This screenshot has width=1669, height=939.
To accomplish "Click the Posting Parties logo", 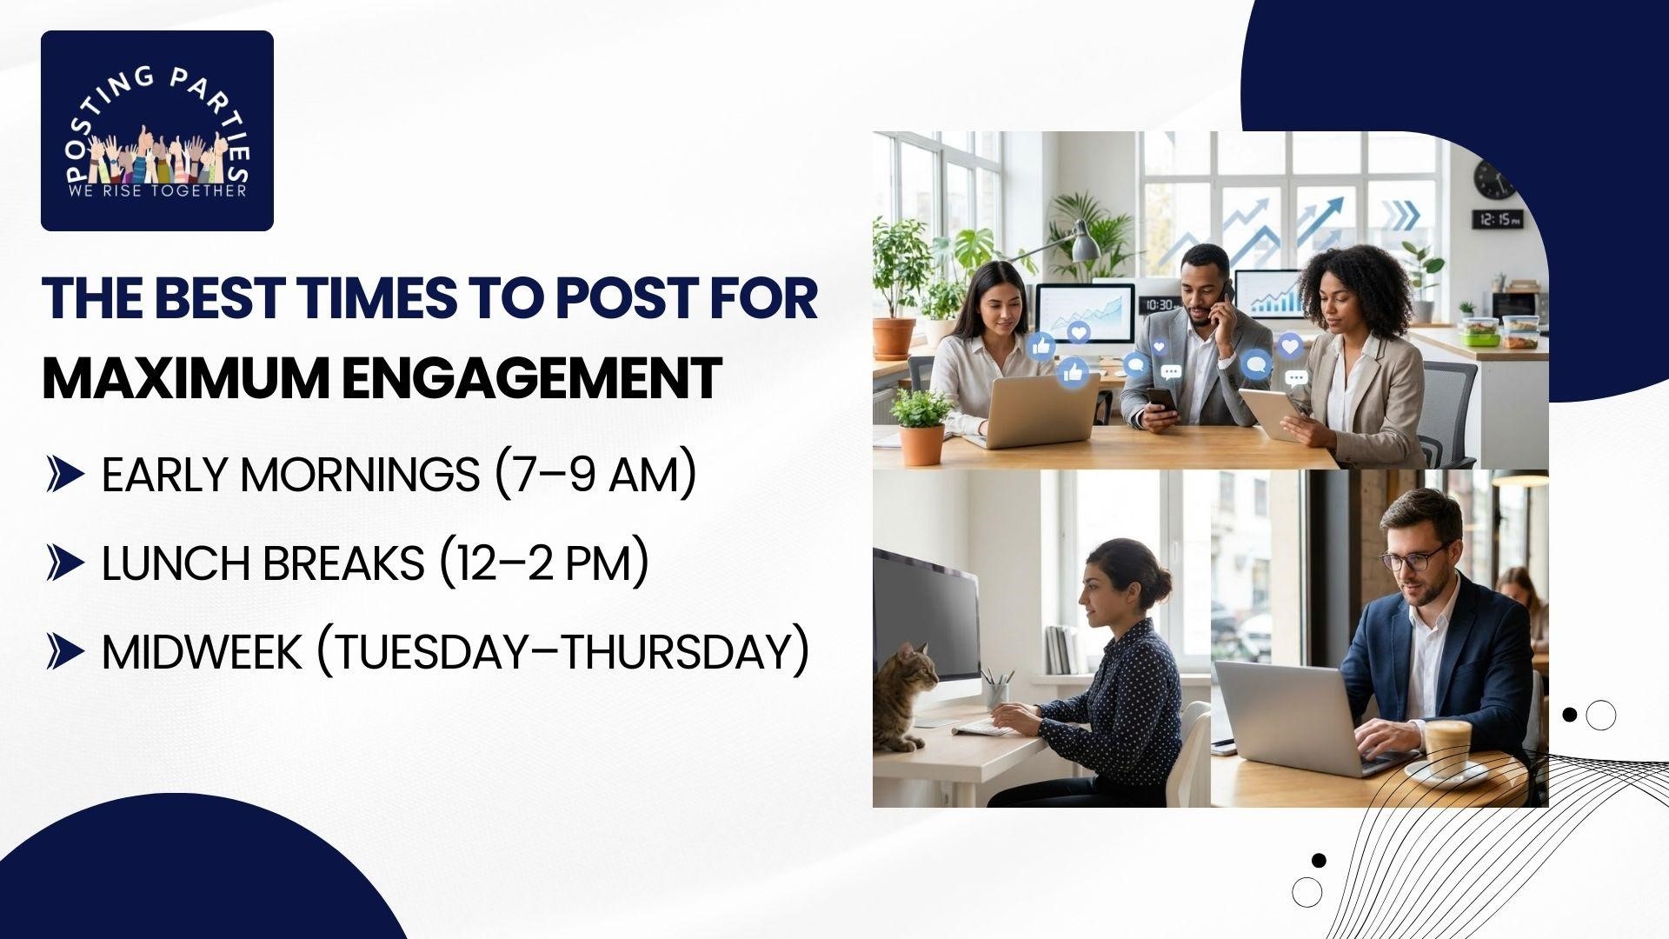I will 157,130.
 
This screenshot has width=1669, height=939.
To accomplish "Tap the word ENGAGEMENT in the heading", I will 531,377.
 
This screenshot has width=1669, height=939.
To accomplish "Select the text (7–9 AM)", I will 595,475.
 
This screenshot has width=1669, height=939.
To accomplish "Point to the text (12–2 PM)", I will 543,563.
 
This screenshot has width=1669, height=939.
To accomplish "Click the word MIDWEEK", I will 202,652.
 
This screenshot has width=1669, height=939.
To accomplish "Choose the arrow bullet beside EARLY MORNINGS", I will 65,476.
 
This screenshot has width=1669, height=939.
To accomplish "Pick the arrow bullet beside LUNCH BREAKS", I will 65,564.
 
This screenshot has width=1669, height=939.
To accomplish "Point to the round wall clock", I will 1493,179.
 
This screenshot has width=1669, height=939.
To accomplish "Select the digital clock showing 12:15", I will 1497,219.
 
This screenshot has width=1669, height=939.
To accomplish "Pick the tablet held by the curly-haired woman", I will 1269,414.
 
